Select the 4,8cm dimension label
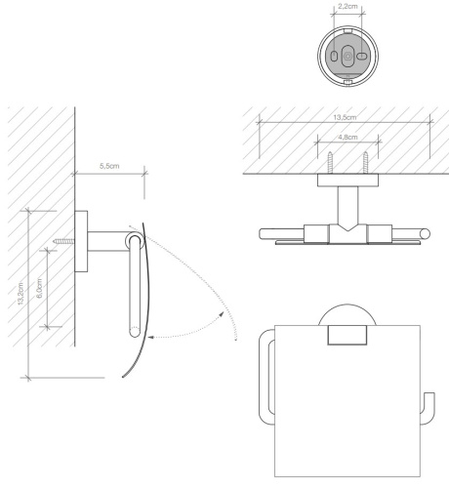click(x=346, y=139)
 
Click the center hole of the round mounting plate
click(x=348, y=58)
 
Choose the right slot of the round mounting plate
click(x=361, y=58)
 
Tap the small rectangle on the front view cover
click(x=347, y=337)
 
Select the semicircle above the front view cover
click(x=347, y=318)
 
